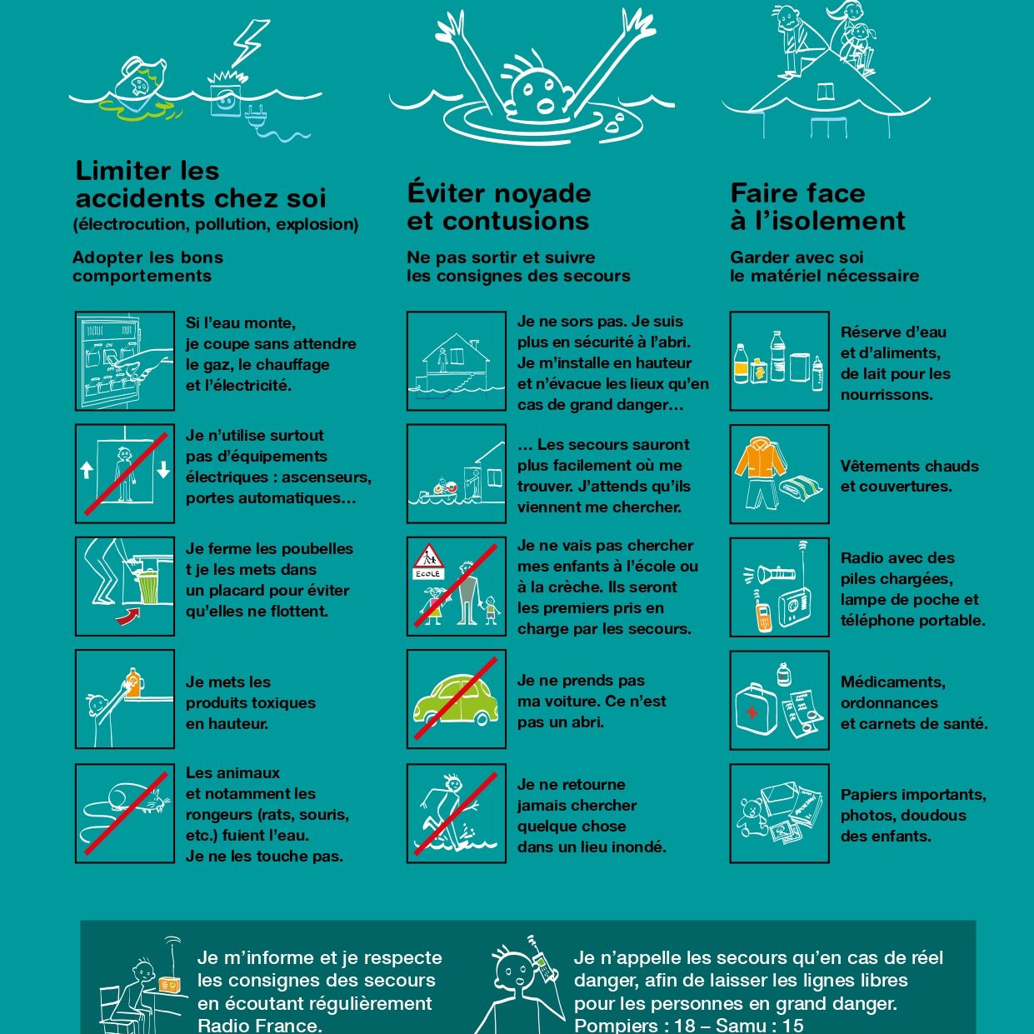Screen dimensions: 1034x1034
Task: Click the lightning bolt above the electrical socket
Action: [x=251, y=43]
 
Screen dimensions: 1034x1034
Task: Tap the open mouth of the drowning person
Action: [x=546, y=105]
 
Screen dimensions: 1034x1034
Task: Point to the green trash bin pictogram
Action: [x=148, y=587]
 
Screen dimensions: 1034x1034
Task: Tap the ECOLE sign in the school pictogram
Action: [x=428, y=573]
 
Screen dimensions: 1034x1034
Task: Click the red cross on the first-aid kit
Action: [x=752, y=712]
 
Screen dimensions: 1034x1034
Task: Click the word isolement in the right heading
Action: [x=831, y=221]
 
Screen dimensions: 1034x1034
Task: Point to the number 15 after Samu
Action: [x=793, y=1024]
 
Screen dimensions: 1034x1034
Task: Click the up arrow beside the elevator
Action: [x=87, y=471]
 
